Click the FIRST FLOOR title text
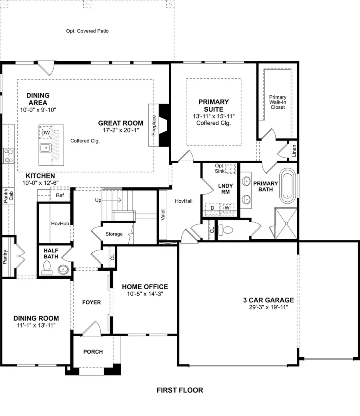[180, 390]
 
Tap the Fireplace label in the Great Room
[154, 126]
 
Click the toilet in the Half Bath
[47, 268]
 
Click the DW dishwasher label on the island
[46, 132]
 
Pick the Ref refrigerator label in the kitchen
[60, 195]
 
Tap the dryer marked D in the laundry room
[212, 208]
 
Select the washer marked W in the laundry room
[227, 208]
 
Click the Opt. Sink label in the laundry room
[220, 168]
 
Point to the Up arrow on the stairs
[108, 200]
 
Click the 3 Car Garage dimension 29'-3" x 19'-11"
[268, 308]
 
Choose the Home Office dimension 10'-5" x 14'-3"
[145, 294]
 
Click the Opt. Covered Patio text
[87, 31]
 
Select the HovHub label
[60, 223]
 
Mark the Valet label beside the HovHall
[163, 215]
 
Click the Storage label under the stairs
[114, 234]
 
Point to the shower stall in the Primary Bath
[286, 223]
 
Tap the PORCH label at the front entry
[93, 352]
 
